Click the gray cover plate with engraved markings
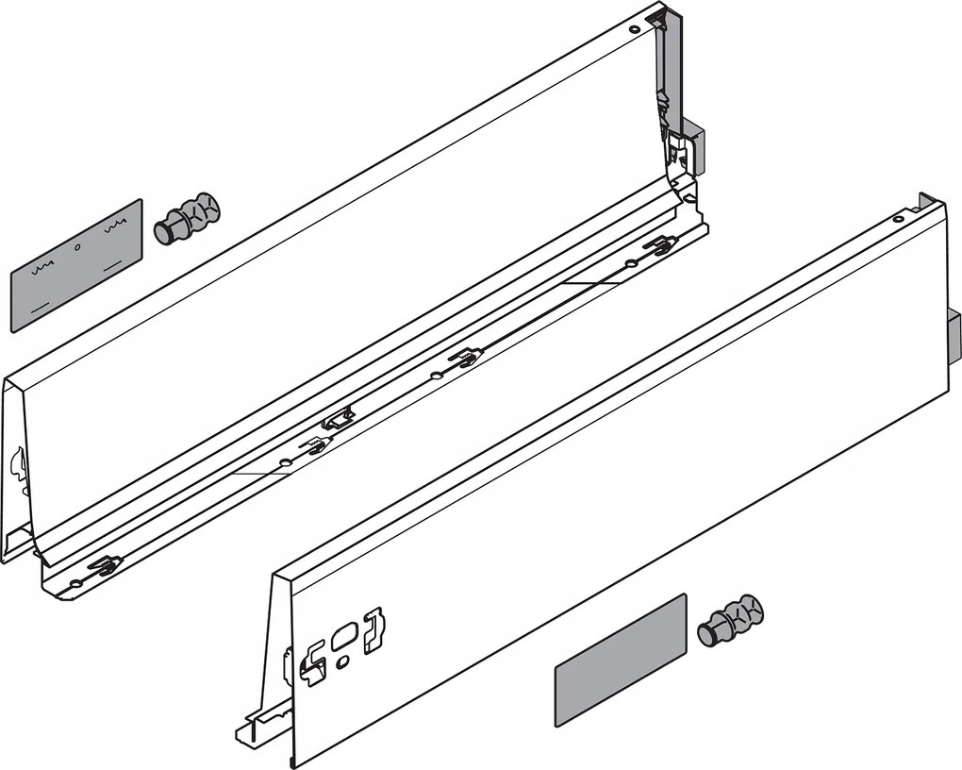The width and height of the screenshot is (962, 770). [x=76, y=264]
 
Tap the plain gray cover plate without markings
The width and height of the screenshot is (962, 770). [x=620, y=660]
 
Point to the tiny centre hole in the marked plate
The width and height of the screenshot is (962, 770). [x=78, y=247]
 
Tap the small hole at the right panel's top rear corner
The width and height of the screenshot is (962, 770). [x=898, y=219]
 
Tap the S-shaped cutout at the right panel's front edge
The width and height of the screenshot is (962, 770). [x=312, y=662]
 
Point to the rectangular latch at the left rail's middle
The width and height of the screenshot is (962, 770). [x=338, y=418]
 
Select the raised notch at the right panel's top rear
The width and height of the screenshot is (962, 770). [x=928, y=201]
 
